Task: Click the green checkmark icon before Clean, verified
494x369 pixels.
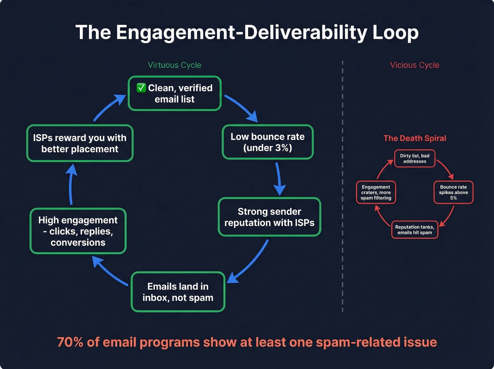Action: click(x=141, y=88)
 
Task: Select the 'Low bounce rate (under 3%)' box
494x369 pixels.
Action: click(x=267, y=142)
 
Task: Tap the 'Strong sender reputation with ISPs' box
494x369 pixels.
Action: click(x=269, y=217)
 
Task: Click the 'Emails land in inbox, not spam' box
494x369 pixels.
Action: click(x=178, y=292)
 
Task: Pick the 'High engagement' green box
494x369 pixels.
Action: click(x=78, y=231)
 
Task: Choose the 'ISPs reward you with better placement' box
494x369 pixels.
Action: click(x=80, y=143)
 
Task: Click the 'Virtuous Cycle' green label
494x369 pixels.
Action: click(x=174, y=65)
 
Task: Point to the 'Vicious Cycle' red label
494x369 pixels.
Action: click(x=415, y=65)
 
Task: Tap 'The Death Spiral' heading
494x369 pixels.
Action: click(x=415, y=138)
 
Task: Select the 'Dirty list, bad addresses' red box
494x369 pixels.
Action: click(x=415, y=159)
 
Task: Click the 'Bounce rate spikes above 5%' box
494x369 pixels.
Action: click(x=453, y=192)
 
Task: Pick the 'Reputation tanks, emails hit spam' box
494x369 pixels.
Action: click(x=415, y=230)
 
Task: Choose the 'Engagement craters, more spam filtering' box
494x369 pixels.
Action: click(x=376, y=192)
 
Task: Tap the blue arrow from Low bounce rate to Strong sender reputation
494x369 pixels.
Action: click(x=279, y=178)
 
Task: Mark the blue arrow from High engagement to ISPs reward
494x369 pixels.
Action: click(x=71, y=185)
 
